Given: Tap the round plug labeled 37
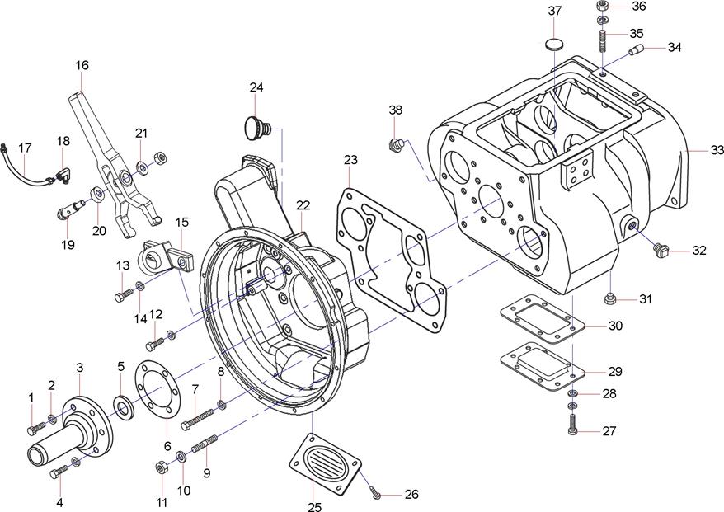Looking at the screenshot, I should [x=557, y=42].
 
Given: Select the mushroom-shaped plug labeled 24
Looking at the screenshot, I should [x=257, y=128].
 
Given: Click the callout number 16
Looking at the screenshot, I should [x=82, y=65].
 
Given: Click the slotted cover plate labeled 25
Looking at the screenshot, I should [x=324, y=466].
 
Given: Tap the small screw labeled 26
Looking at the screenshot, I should [x=376, y=494].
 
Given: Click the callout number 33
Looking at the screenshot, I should [x=717, y=151].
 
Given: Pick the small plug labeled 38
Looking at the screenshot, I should [x=396, y=146].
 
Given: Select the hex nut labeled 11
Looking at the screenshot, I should [x=161, y=468].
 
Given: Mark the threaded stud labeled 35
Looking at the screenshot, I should [x=604, y=39].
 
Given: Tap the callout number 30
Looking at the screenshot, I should [x=615, y=326].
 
